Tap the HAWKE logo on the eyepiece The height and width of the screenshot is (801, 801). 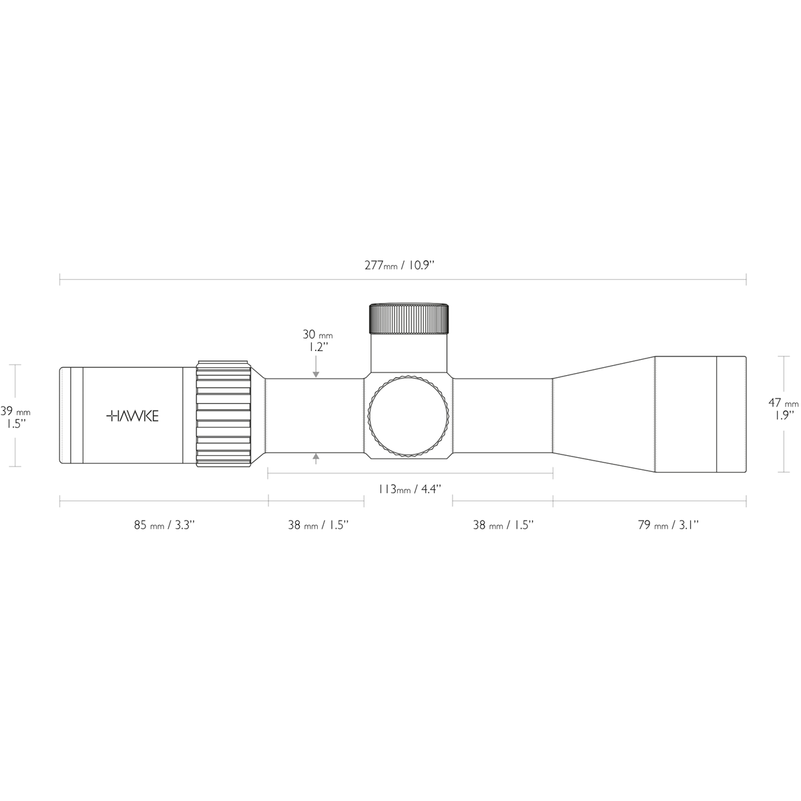click(x=133, y=416)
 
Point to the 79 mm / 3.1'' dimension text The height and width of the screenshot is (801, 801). click(x=667, y=525)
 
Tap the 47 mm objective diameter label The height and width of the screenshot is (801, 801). click(x=782, y=403)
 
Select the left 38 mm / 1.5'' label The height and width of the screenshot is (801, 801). click(x=317, y=525)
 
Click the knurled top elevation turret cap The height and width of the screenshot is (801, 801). click(x=409, y=318)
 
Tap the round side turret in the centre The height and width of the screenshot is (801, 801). click(x=409, y=416)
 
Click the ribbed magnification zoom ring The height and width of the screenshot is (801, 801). click(x=223, y=415)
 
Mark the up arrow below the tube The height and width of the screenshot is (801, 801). click(x=316, y=458)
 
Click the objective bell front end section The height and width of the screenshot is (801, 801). click(x=731, y=415)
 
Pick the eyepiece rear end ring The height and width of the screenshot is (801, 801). click(x=65, y=415)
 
